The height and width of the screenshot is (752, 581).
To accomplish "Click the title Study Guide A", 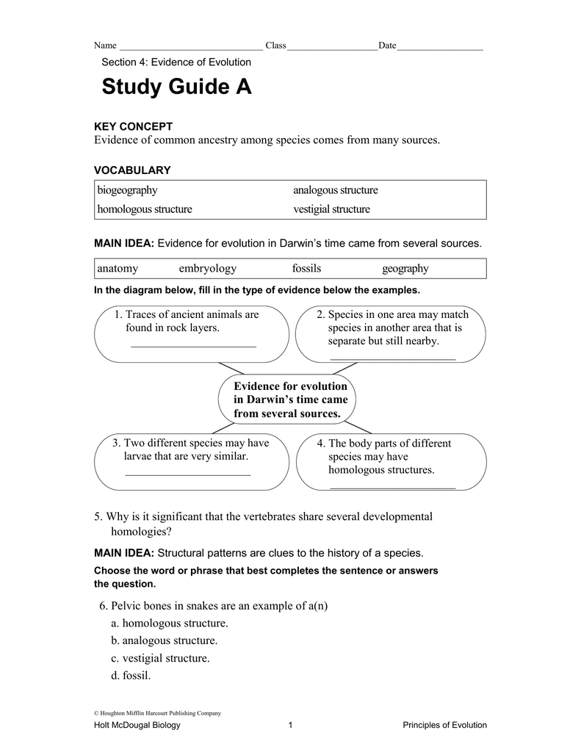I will point(176,87).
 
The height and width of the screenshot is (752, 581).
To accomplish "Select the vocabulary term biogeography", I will point(127,190).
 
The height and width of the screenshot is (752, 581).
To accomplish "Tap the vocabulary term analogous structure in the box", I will point(335,190).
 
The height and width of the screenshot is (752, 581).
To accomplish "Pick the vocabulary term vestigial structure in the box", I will point(331,209).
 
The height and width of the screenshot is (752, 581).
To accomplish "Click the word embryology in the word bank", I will point(207,269).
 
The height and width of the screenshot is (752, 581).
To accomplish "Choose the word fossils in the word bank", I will point(306,269).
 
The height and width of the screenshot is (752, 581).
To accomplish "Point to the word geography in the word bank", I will point(405,269).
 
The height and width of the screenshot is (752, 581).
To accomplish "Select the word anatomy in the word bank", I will point(118,269).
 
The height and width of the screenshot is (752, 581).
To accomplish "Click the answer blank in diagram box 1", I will point(193,344).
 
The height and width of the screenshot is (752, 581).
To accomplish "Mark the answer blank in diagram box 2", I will point(393,358).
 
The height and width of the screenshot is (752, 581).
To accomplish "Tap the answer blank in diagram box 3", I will point(188,473).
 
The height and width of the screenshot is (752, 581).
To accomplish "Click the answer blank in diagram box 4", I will point(393,486).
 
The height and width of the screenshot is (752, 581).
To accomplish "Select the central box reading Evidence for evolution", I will point(289,400).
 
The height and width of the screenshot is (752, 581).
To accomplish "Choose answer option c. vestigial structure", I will point(160,659).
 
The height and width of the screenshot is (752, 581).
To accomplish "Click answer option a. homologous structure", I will point(170,623).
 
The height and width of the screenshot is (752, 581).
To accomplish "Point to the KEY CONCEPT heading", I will point(133,127).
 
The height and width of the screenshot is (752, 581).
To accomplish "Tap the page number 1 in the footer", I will point(291,726).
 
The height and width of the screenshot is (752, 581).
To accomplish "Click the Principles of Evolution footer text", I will point(444,726).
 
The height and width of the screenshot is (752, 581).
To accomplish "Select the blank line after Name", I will point(190,47).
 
